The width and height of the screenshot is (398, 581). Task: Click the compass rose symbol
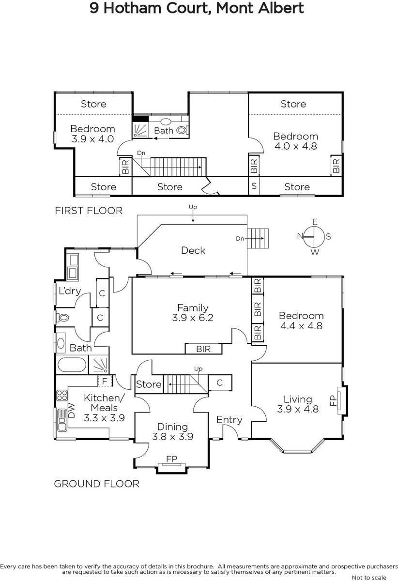click(x=314, y=237)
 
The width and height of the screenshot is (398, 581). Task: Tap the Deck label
click(x=193, y=250)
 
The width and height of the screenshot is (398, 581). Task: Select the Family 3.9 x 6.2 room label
click(x=193, y=313)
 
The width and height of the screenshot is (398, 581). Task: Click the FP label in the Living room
click(x=333, y=401)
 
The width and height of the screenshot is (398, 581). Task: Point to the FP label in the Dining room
click(x=171, y=459)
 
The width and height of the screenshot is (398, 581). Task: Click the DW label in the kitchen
click(x=71, y=411)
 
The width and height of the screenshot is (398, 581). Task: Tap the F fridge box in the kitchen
click(x=105, y=381)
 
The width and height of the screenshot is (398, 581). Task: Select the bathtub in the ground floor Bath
click(x=72, y=365)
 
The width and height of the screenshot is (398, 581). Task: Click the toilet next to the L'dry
click(x=62, y=318)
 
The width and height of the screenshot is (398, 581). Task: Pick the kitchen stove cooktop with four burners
click(x=62, y=395)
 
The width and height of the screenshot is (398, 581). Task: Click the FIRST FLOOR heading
click(x=89, y=211)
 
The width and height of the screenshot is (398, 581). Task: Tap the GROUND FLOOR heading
click(x=96, y=484)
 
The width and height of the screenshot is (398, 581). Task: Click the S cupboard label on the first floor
click(x=254, y=186)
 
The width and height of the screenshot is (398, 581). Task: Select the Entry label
click(x=230, y=420)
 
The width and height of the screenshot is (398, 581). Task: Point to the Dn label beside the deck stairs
click(x=240, y=238)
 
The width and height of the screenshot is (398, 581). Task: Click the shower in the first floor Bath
click(x=140, y=130)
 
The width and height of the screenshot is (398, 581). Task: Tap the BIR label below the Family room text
click(x=203, y=349)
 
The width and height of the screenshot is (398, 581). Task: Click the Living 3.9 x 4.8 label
click(x=298, y=404)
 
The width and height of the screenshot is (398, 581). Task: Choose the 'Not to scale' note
click(x=369, y=577)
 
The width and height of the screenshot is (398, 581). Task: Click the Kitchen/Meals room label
click(x=104, y=408)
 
